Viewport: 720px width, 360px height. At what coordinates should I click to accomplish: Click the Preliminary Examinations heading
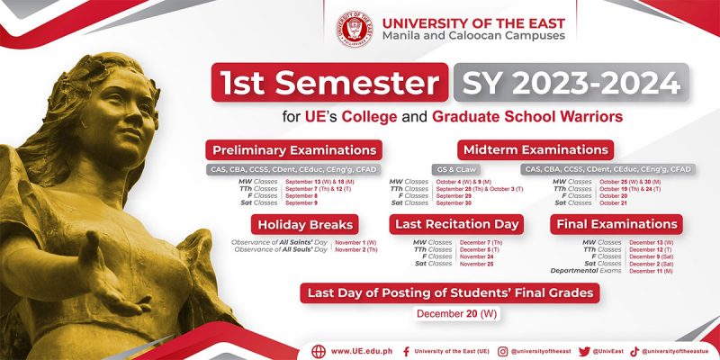coord(293,149)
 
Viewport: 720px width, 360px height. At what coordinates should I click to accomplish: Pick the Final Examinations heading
coord(616,224)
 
